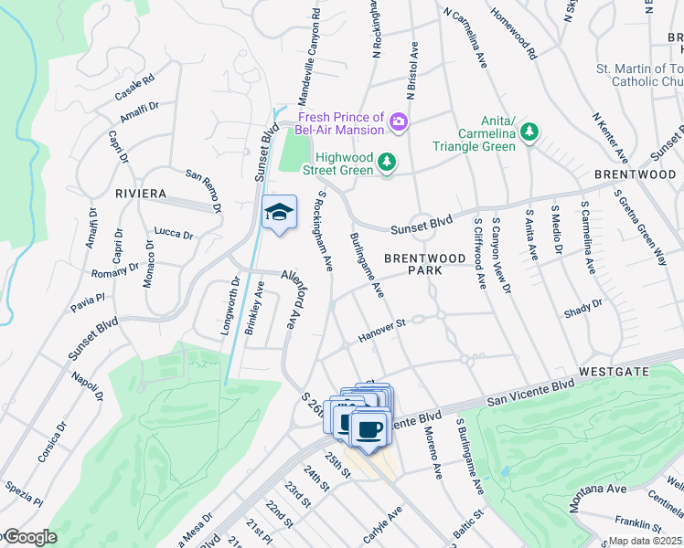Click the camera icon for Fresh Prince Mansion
[398, 121]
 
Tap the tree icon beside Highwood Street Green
[388, 163]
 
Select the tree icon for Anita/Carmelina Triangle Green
[529, 133]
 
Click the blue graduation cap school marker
[279, 214]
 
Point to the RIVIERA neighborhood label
[141, 194]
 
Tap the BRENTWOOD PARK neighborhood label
[425, 265]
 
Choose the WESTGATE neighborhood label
[614, 372]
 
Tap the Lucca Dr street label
[174, 234]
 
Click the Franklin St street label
[637, 523]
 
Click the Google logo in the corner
[29, 537]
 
